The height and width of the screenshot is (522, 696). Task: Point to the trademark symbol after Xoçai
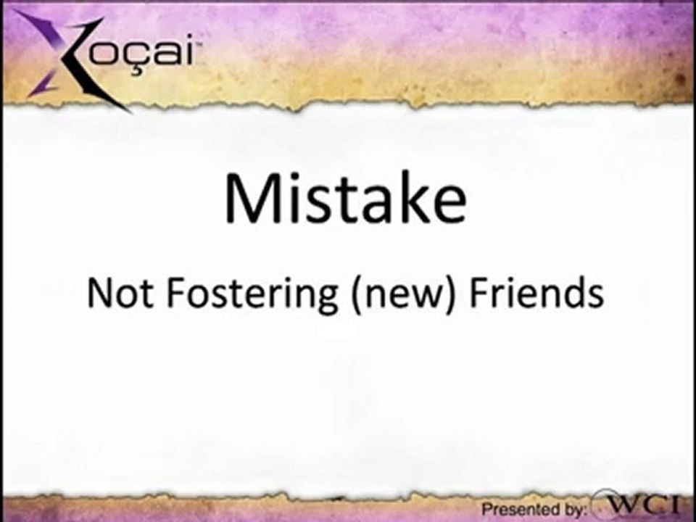pos(197,45)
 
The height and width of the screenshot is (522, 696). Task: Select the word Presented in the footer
pos(515,510)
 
